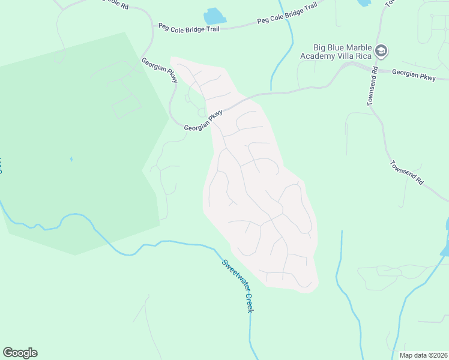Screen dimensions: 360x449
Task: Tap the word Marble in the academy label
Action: coord(358,47)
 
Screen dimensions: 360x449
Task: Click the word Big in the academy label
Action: coord(320,47)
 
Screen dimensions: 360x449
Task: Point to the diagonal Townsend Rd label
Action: coord(407,173)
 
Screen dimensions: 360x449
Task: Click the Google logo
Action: coord(20,353)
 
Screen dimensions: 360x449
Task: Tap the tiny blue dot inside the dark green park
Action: coord(71,159)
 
